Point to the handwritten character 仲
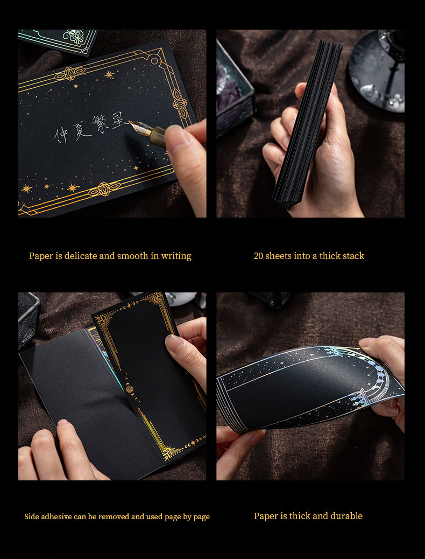point(61,135)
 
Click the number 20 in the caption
point(258,256)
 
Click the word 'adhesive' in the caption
point(56,516)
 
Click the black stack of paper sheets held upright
point(306,123)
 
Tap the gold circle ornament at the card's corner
point(154,60)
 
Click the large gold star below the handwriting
point(73,187)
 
